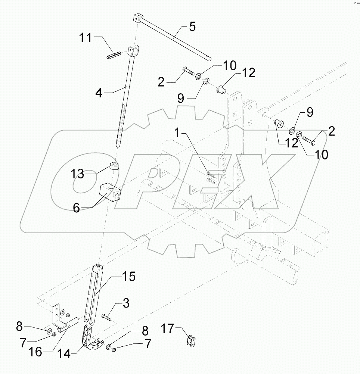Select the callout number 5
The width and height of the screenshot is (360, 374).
point(192,27)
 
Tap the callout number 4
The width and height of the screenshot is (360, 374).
point(99,93)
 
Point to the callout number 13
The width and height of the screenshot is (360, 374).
point(80,174)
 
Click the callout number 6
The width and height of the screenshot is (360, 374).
point(76,208)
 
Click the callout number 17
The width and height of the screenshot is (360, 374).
point(168,328)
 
